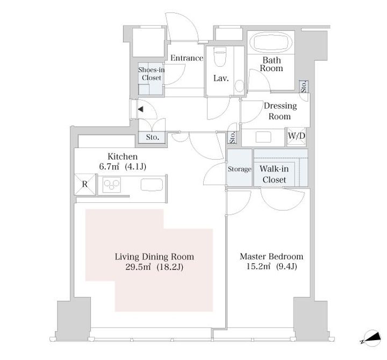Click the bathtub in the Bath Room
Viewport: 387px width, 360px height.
point(271,43)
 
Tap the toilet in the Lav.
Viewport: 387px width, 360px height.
point(219,57)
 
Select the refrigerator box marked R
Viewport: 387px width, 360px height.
point(85,184)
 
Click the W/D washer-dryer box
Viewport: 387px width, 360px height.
point(296,136)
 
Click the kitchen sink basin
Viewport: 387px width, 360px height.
point(152,185)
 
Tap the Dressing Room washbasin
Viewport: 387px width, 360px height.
point(263,137)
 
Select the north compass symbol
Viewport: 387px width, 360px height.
point(372,338)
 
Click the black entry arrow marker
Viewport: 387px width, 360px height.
point(140,109)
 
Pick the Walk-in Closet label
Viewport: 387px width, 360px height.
point(274,174)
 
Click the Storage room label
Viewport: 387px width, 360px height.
point(239,169)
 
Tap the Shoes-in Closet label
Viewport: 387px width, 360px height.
point(151,74)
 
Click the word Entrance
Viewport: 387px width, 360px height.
point(187,58)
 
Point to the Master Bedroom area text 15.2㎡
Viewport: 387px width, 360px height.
point(258,266)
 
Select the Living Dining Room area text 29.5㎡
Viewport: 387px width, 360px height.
point(138,267)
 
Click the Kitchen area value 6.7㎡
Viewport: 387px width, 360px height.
point(109,167)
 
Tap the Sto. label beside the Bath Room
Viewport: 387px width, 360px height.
point(304,87)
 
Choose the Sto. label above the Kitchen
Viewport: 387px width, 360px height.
point(152,137)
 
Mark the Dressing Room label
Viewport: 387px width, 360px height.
point(280,111)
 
